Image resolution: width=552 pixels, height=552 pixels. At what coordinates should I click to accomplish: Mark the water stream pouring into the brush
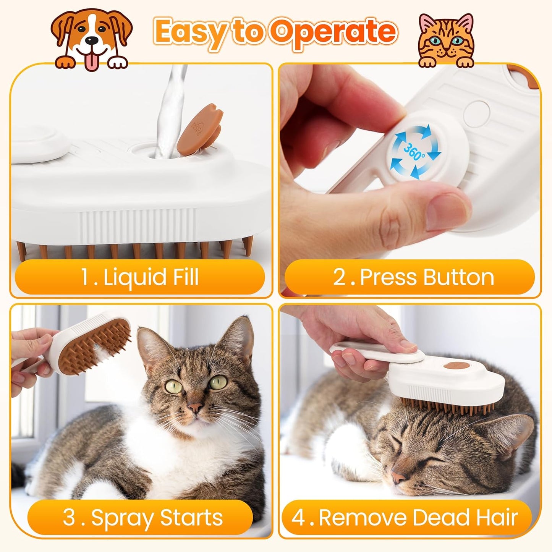(172, 107)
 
